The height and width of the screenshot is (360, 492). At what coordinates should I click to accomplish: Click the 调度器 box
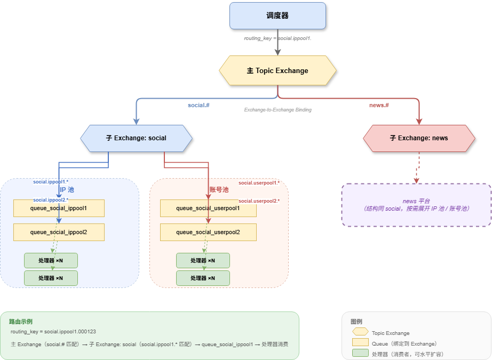click(x=277, y=15)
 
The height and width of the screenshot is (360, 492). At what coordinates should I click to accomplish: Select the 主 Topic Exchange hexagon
click(x=277, y=70)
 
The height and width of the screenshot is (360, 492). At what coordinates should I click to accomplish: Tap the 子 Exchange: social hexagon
click(x=136, y=138)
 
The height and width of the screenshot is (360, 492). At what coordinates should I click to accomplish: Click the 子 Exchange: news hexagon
click(x=419, y=138)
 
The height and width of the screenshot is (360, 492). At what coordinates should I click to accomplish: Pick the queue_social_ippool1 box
click(x=59, y=208)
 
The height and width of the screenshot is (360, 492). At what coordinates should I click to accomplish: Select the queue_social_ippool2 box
click(x=59, y=232)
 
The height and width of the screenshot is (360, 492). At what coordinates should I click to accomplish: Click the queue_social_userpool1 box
click(x=208, y=208)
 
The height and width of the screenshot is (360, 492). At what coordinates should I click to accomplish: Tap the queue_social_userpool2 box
click(x=208, y=232)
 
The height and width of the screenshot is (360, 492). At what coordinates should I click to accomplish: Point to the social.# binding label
click(x=199, y=106)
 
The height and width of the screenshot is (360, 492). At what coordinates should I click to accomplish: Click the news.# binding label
click(x=379, y=106)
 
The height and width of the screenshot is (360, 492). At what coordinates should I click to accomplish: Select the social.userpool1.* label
click(x=259, y=183)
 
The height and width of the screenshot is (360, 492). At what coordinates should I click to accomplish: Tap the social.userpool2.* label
click(x=259, y=201)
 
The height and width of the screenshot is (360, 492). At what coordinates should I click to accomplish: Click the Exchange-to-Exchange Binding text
click(x=277, y=109)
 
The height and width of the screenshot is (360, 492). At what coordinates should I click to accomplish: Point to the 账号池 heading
click(x=219, y=189)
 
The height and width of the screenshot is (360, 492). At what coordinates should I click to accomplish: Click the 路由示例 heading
click(x=21, y=322)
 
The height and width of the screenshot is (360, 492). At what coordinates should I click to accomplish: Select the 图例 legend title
click(x=356, y=322)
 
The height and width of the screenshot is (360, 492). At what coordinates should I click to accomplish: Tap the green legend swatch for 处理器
click(x=360, y=354)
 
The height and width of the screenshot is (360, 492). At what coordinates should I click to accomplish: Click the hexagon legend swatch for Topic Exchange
click(x=360, y=332)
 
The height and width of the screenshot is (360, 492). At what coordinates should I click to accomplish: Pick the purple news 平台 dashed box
click(x=416, y=205)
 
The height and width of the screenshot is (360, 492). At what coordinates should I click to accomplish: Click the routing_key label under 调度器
click(x=277, y=38)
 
